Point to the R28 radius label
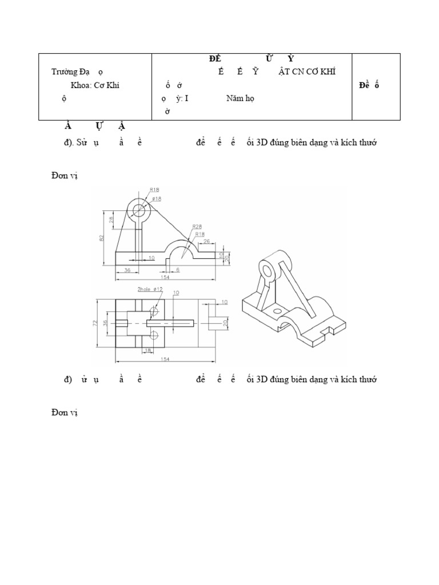pyautogui.click(x=198, y=226)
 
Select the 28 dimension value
pyautogui.click(x=111, y=219)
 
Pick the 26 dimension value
pyautogui.click(x=207, y=241)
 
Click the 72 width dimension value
pyautogui.click(x=94, y=323)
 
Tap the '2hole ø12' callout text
pyautogui.click(x=150, y=290)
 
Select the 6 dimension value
pyautogui.click(x=178, y=270)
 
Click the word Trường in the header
pyautogui.click(x=63, y=72)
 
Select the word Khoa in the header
pyautogui.click(x=78, y=85)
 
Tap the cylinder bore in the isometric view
pyautogui.click(x=265, y=269)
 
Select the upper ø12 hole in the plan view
pyautogui.click(x=154, y=312)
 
